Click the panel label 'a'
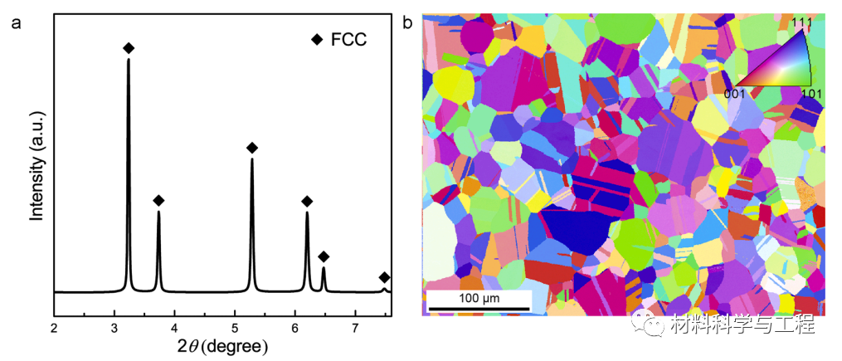(16, 22)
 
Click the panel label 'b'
(407, 22)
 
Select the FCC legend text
(349, 39)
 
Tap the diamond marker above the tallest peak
(129, 49)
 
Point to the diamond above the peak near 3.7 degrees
(158, 201)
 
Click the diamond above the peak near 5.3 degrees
(252, 148)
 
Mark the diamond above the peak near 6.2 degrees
(307, 202)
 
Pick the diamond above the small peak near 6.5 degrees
(324, 256)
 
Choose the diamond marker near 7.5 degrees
(384, 277)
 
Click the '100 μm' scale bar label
(479, 298)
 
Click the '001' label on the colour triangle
(737, 93)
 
